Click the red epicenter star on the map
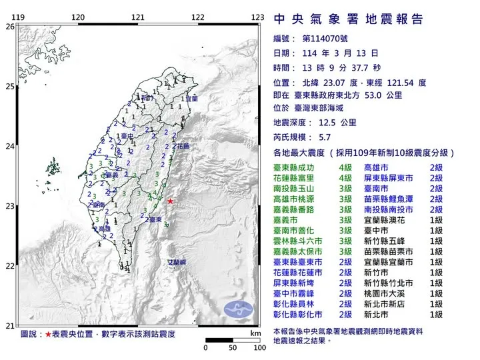pyautogui.click(x=170, y=201)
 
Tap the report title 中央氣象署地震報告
pyautogui.click(x=348, y=19)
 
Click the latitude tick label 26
pyautogui.click(x=9, y=27)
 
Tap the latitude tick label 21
pyautogui.click(x=9, y=325)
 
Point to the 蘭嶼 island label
pyautogui.click(x=177, y=264)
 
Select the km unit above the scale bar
pyautogui.click(x=255, y=333)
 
